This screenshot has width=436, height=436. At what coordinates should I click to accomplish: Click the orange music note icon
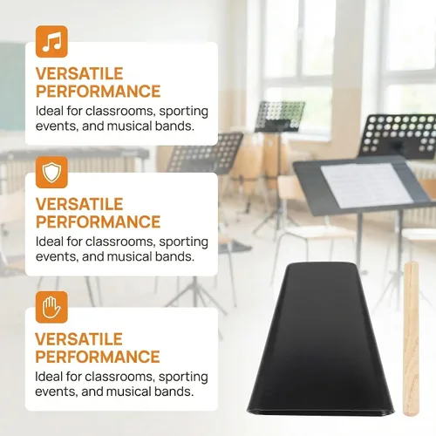click(x=51, y=42)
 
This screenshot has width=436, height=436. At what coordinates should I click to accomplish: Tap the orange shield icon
click(x=51, y=173)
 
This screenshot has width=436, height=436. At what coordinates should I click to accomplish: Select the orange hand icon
click(x=51, y=307)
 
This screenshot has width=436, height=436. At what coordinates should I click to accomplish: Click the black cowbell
click(x=321, y=338)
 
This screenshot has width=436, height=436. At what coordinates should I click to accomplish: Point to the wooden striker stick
click(x=411, y=338)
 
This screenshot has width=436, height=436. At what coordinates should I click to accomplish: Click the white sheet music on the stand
click(x=366, y=185)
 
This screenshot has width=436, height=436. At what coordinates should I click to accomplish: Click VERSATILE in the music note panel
click(x=79, y=73)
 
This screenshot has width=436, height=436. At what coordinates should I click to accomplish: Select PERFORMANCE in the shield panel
click(x=98, y=222)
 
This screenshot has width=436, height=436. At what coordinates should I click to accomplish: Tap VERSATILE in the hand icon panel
click(x=78, y=339)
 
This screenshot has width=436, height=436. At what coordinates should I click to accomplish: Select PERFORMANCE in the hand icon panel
click(x=98, y=357)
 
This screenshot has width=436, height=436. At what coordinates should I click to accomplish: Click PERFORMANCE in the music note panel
click(x=98, y=92)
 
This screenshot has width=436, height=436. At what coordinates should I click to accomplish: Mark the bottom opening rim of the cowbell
click(x=321, y=412)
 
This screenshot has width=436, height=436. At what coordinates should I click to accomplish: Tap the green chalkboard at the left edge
click(x=12, y=86)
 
